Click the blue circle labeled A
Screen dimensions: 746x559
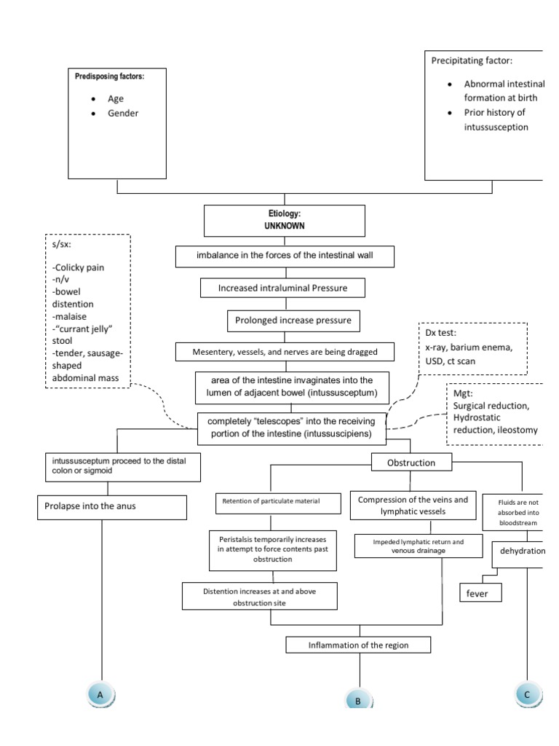[101, 695]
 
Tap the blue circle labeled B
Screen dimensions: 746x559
[358, 701]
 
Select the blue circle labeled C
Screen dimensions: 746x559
[526, 695]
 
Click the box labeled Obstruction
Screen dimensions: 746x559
[411, 463]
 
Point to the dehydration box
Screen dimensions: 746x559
[521, 551]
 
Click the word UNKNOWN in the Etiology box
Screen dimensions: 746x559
[285, 227]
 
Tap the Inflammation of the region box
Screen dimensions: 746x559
[359, 645]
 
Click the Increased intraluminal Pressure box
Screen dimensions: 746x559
[283, 288]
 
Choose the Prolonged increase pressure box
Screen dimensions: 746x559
[283, 320]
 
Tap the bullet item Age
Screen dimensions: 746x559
[116, 98]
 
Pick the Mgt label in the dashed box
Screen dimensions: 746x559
[463, 393]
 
